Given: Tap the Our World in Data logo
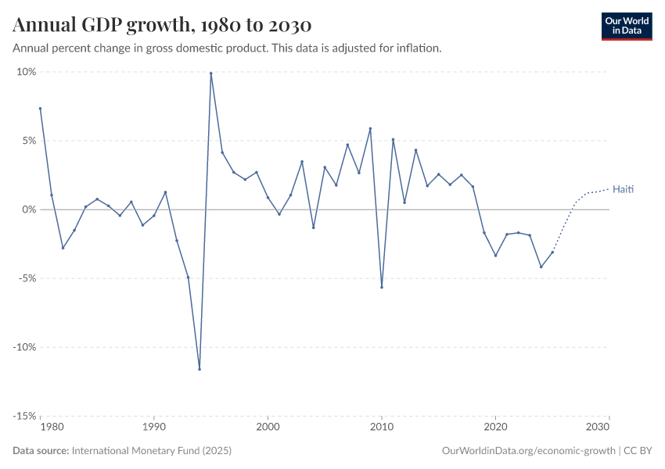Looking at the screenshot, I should pos(626,26).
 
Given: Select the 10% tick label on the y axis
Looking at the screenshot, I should pos(27,72).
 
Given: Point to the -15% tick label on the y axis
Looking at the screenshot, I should pos(25,416).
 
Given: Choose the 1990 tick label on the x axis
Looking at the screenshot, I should pos(154,428).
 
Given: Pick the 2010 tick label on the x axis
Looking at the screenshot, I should pos(382,428).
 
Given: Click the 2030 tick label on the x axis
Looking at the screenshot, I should pos(598,428).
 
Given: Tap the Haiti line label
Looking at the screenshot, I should pos(624,189).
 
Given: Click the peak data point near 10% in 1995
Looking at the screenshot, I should pos(211,73).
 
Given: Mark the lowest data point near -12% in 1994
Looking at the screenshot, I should pos(199,369).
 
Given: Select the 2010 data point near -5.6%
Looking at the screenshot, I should pos(382,287).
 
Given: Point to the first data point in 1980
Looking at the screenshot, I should pos(40,109).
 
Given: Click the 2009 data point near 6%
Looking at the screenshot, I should pos(370,129).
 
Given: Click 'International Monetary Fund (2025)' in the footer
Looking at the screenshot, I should pos(151,451).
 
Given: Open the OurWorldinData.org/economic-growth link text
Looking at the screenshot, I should pos(530,451).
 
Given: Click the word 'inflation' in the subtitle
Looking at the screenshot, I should pos(419,48).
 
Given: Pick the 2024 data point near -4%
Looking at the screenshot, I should pos(541,267).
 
